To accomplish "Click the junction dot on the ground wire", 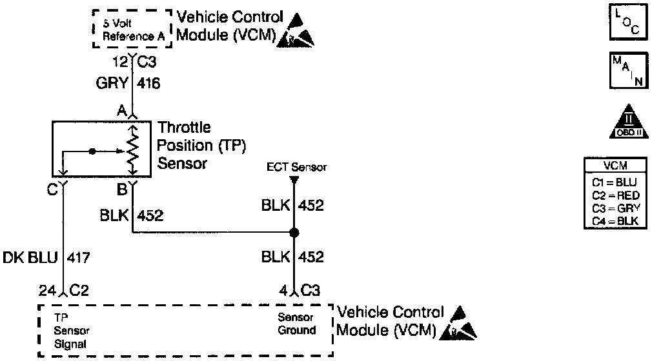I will [294, 232].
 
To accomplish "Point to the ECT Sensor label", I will [297, 168].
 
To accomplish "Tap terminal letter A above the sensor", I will [121, 111].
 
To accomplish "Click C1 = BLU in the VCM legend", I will [614, 182].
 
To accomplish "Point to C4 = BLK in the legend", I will [614, 221].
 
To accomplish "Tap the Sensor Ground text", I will [296, 324].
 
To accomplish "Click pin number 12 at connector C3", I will [119, 62].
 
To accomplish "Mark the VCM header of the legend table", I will [614, 166].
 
